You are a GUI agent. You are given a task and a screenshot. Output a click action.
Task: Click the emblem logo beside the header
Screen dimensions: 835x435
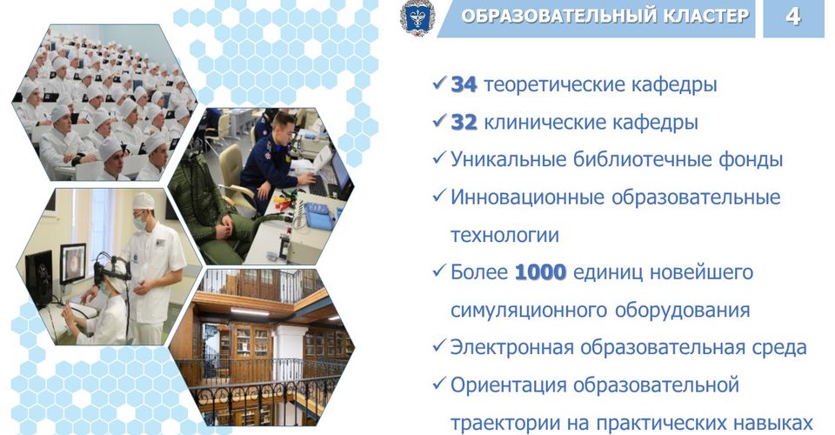417,17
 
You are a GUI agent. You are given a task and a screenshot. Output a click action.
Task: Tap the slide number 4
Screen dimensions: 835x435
793,17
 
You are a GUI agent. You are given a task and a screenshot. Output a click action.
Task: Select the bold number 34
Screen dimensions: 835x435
464,84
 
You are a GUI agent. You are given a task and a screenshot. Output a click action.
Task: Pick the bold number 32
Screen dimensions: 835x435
464,123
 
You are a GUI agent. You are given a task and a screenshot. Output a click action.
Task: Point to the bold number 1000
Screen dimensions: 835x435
540,272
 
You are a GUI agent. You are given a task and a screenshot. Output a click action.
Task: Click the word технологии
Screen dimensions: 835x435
504,236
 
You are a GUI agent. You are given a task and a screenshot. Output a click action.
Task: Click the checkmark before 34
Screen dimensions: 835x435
440,84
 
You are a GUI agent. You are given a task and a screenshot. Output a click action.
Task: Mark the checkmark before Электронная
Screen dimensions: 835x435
440,346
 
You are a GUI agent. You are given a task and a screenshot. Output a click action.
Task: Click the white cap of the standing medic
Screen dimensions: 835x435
144,201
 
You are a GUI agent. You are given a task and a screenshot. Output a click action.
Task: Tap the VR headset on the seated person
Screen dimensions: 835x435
110,268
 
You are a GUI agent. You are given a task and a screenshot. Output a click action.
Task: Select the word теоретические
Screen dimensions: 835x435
549,85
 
